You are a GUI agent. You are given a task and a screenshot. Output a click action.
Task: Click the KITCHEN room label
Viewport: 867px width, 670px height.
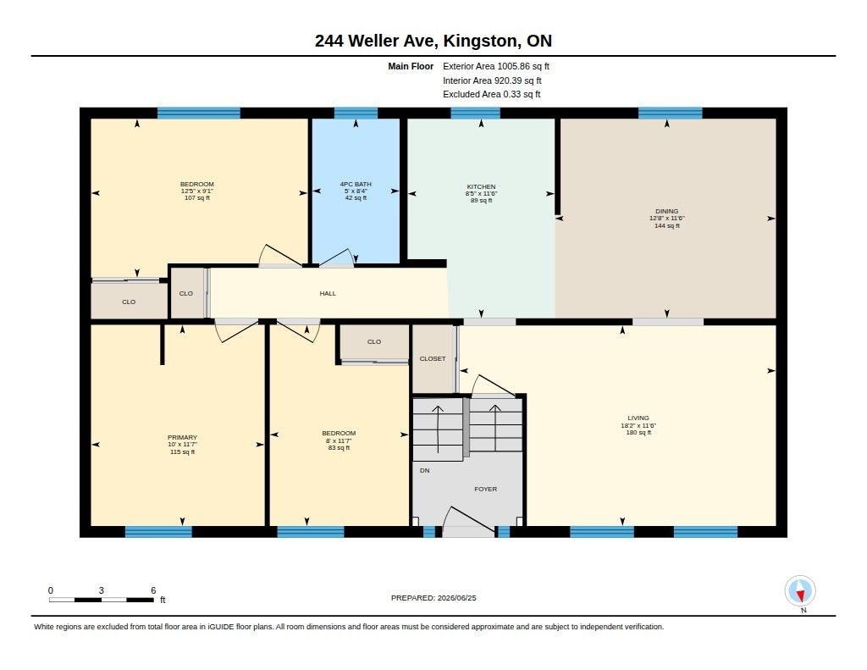(x=481, y=187)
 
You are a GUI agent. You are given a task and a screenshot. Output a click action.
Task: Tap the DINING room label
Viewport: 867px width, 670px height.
(x=667, y=212)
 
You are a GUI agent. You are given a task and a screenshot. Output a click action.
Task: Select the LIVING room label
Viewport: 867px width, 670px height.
(x=638, y=418)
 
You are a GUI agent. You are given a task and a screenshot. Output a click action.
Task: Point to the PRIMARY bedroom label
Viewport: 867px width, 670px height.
(x=183, y=438)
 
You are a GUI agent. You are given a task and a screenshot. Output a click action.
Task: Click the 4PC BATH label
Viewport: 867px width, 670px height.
(x=356, y=185)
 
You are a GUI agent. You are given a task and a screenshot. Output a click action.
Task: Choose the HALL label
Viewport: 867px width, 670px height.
(x=328, y=294)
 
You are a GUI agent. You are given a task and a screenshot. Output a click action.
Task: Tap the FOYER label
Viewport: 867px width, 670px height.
(x=485, y=489)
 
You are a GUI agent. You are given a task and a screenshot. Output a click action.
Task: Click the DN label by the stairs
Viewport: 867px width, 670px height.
(x=425, y=471)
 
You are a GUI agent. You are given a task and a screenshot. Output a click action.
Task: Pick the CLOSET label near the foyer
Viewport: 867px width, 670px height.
(x=433, y=358)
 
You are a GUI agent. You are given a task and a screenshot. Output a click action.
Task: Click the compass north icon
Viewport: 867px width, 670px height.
(x=800, y=591)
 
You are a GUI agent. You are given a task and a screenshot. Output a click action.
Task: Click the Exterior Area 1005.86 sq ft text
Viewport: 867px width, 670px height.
(x=496, y=66)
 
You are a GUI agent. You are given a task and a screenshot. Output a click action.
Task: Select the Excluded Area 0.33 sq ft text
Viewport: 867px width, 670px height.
(x=492, y=95)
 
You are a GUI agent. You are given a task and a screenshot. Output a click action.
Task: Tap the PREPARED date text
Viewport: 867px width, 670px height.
(x=433, y=598)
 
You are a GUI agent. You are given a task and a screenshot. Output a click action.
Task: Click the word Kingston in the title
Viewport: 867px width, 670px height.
(x=481, y=41)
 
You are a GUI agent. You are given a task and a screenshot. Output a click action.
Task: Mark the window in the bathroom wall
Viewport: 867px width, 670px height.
(x=356, y=114)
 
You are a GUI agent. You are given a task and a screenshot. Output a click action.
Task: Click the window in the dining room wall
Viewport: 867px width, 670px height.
(x=671, y=114)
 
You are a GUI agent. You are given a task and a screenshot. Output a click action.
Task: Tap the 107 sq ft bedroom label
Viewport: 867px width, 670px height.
(x=196, y=198)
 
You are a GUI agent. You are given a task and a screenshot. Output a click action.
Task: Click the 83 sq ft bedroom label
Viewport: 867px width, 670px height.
(x=339, y=448)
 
